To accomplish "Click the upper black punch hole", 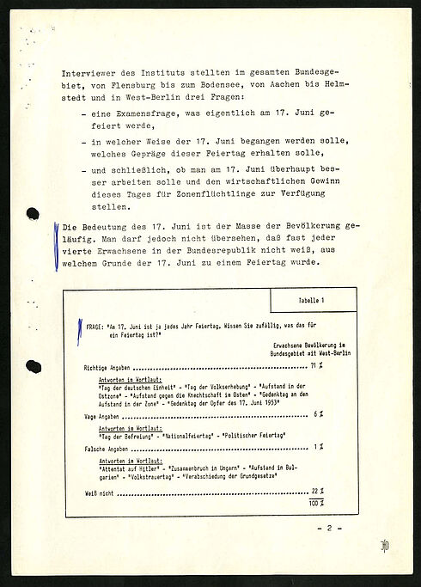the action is tap(33, 214).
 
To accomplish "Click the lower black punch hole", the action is tap(33, 367).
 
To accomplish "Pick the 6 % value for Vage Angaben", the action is tap(318, 414).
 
